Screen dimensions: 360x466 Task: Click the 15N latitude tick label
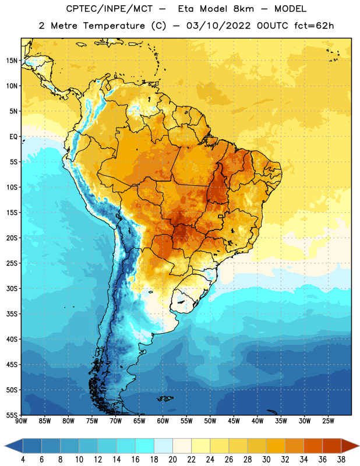12,61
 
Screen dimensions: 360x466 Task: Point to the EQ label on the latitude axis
13,137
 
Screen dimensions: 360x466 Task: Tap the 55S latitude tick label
12,415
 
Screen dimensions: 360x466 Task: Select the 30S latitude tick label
12,288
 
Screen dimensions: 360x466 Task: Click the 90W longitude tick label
21,421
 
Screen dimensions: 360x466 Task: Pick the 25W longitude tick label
329,421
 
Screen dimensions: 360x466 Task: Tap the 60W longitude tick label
163,421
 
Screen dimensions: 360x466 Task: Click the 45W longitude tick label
234,421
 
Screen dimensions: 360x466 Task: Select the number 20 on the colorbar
172,460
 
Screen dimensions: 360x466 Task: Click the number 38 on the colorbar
341,460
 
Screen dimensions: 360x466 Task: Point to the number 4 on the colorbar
23,460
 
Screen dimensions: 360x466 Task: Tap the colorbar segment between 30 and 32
276,446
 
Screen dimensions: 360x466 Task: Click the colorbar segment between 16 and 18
144,446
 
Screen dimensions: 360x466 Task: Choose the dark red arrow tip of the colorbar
350,446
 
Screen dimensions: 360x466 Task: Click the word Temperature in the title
114,26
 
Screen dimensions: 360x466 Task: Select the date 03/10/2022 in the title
218,26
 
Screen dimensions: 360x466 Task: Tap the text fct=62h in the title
314,26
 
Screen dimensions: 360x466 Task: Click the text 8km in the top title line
243,9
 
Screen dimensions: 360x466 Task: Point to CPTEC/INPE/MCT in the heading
110,9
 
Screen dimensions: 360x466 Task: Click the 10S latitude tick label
12,187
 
